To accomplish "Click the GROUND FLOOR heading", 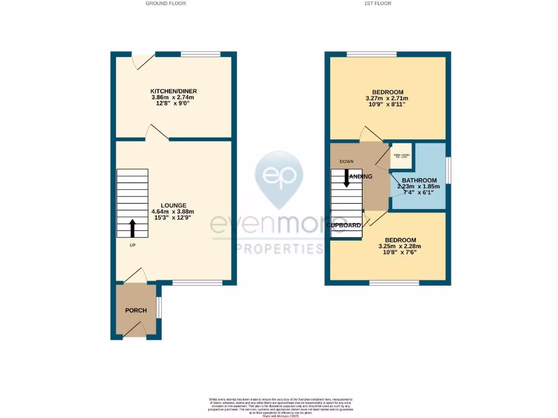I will pos(166,3).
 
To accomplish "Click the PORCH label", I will pos(136,310).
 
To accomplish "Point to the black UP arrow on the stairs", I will pos(132,228).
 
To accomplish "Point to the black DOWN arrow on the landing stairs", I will pos(346,178).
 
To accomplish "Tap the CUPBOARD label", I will pos(344,225).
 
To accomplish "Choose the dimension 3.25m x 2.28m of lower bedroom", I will pos(400,246).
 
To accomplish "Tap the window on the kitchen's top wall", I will pos(200,54).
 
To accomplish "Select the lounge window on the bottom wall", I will pos(197,282).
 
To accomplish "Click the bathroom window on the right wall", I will pos(448,170).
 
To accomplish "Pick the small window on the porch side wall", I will pos(159,307).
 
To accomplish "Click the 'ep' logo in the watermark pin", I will pos(279,175).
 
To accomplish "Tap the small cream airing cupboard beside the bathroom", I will pos(401,156).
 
